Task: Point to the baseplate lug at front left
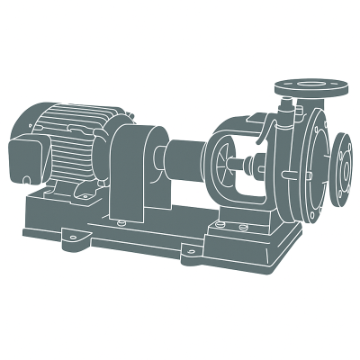tap(69, 237)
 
